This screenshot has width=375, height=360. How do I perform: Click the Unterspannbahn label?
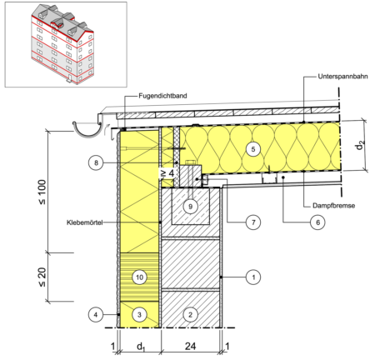point(343,77)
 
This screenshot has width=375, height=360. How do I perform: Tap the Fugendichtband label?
point(162,96)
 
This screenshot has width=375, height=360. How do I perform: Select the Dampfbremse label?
point(334,206)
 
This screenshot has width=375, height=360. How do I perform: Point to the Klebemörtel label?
point(85,222)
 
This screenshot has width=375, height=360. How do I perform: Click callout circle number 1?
point(253,277)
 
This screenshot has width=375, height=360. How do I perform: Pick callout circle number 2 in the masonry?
point(190,315)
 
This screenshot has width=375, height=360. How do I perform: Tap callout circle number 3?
point(139,315)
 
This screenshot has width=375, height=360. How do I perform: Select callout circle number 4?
point(96,315)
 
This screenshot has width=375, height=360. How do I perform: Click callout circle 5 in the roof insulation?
point(253,149)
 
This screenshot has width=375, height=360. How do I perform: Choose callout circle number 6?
point(317,222)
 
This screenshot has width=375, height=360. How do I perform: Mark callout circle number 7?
point(253,222)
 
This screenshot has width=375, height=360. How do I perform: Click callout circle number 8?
point(96,162)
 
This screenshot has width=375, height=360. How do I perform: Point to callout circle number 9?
point(190,207)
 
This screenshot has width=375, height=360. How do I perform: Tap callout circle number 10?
point(139,277)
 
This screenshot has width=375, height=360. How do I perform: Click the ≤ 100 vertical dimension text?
point(42,192)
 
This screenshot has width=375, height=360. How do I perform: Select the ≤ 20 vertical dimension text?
point(42,277)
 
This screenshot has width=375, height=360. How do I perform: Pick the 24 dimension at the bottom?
point(191,346)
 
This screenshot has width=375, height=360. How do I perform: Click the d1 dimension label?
point(141,347)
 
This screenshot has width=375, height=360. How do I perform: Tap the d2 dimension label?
point(360,145)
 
